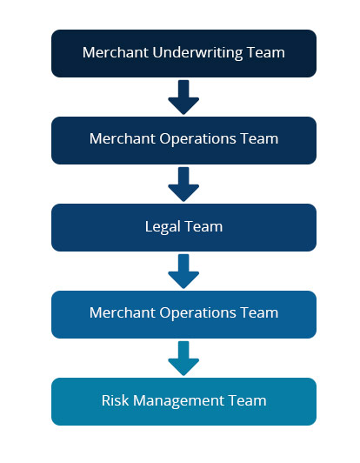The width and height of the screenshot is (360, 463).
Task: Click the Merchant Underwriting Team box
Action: click(x=183, y=53)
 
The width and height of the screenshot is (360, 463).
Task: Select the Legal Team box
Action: click(x=183, y=227)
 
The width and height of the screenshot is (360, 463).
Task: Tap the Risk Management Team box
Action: click(x=183, y=401)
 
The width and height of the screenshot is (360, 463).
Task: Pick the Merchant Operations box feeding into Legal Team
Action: click(x=183, y=140)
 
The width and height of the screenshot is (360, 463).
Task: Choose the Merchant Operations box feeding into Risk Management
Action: click(x=183, y=314)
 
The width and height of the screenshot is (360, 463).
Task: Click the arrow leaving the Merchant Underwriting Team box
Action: click(x=183, y=97)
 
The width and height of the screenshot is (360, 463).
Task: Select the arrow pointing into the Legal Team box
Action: click(x=183, y=185)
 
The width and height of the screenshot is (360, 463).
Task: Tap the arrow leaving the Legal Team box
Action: click(x=183, y=271)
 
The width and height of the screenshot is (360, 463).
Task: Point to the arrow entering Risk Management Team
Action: click(x=183, y=359)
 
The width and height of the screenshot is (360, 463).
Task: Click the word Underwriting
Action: click(x=197, y=53)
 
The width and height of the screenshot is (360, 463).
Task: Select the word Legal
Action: click(x=163, y=227)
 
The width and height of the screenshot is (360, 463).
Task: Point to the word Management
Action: click(x=179, y=401)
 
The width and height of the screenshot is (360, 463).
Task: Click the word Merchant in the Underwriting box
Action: click(x=116, y=52)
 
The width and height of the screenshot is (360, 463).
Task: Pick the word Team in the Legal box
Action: click(x=203, y=226)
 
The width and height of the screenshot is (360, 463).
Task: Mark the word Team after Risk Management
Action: click(x=248, y=400)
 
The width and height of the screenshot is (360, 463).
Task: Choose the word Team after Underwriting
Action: click(x=266, y=52)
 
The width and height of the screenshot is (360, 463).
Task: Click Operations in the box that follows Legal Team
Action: click(x=198, y=313)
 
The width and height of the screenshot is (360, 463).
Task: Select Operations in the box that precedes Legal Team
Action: click(x=198, y=139)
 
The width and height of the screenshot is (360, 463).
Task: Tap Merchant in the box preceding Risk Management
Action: click(x=123, y=312)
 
